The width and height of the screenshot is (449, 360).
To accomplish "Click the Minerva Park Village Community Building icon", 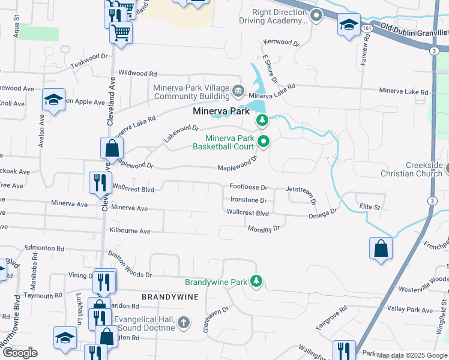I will pyautogui.click(x=238, y=92).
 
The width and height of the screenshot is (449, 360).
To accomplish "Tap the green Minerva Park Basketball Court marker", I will pyautogui.click(x=263, y=142).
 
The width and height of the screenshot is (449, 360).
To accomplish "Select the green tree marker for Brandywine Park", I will pyautogui.click(x=256, y=281).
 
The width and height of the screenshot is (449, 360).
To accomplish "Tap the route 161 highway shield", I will pyautogui.click(x=367, y=28).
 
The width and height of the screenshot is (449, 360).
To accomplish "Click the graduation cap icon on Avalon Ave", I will pyautogui.click(x=53, y=100).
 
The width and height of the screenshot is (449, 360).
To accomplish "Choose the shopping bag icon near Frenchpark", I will pyautogui.click(x=381, y=249).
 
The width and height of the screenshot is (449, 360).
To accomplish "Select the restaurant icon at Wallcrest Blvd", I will pyautogui.click(x=100, y=183).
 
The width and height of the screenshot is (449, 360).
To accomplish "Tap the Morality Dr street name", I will pyautogui.click(x=264, y=229).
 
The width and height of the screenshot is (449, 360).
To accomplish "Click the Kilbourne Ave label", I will pyautogui.click(x=130, y=230).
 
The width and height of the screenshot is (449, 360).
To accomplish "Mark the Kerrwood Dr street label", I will pyautogui.click(x=281, y=43).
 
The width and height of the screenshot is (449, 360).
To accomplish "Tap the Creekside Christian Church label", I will pyautogui.click(x=414, y=169).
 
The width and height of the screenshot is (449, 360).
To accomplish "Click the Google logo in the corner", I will pyautogui.click(x=20, y=353).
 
